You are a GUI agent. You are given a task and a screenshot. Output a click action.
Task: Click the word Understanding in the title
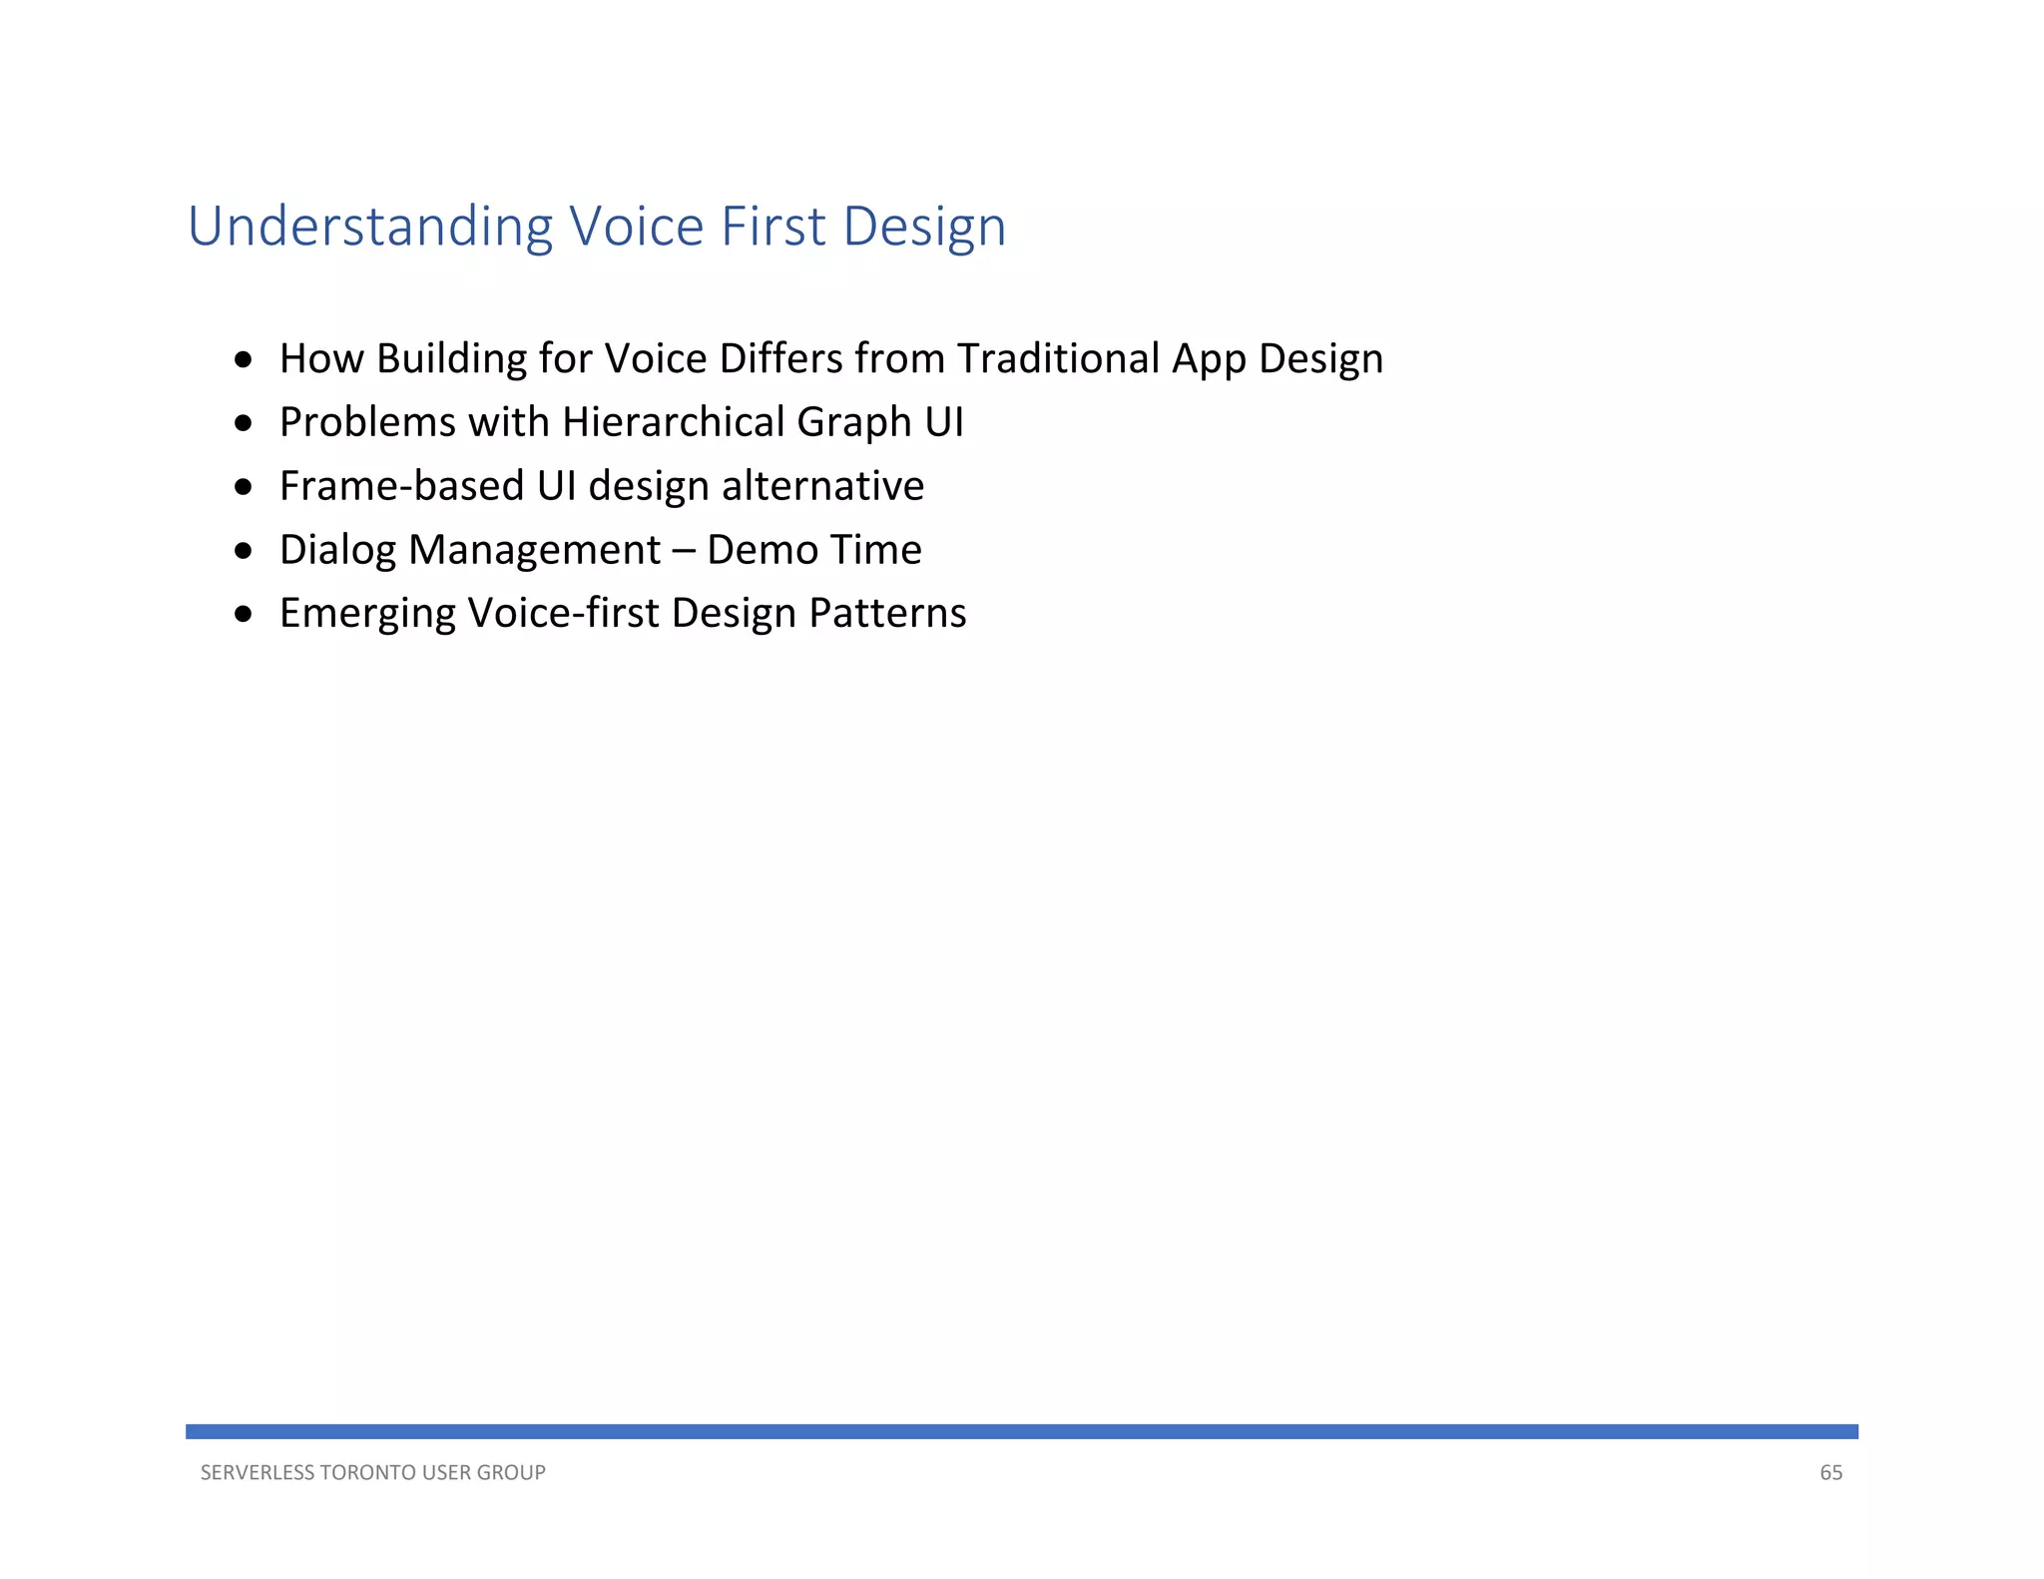(369, 227)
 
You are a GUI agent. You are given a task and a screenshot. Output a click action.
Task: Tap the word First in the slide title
(772, 227)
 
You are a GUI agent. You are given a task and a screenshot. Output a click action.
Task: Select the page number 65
(1830, 1472)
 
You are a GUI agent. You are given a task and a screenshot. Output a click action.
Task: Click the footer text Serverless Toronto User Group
(372, 1472)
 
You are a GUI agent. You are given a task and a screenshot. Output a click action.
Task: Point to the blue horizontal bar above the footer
(1021, 1431)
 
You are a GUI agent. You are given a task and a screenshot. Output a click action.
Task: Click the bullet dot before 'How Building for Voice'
(244, 359)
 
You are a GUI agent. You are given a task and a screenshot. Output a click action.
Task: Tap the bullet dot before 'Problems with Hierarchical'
(244, 423)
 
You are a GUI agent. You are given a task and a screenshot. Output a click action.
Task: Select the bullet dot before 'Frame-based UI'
(244, 487)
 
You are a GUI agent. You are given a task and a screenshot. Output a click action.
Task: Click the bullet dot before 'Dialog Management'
(244, 550)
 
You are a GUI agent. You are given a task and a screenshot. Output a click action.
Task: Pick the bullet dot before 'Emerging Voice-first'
(244, 614)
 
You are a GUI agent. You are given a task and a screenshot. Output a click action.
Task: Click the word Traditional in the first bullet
(1058, 358)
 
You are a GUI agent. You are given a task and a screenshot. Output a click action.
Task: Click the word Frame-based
(401, 486)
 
